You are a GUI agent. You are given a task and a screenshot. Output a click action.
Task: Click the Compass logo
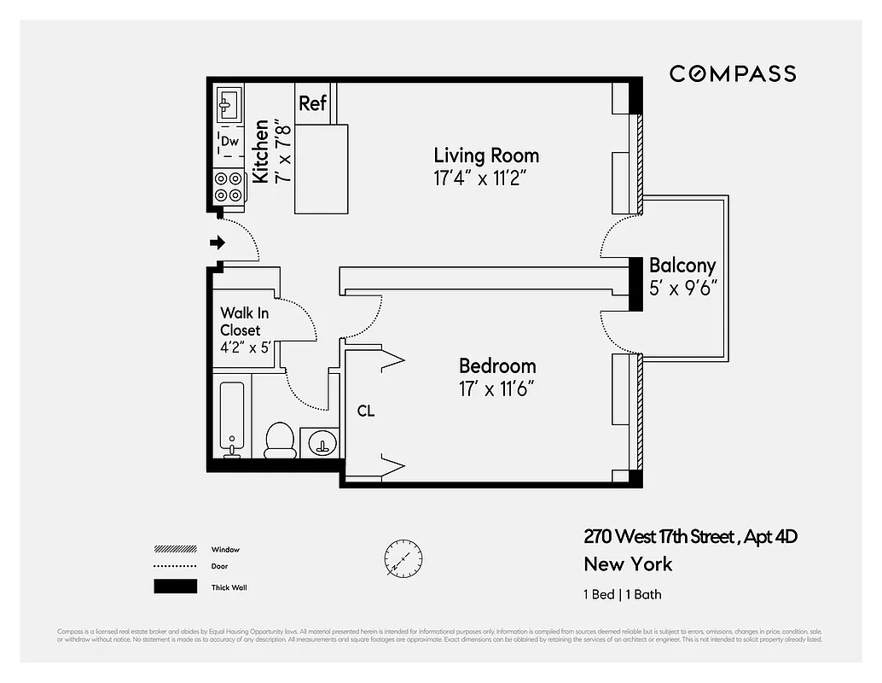pyautogui.click(x=732, y=73)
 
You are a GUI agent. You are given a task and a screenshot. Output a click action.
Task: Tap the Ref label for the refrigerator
pyautogui.click(x=312, y=103)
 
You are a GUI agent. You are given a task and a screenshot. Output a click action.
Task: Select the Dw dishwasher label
pyautogui.click(x=229, y=142)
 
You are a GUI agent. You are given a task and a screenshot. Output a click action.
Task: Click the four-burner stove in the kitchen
pyautogui.click(x=228, y=187)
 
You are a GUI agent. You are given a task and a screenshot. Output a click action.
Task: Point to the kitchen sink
pyautogui.click(x=227, y=105)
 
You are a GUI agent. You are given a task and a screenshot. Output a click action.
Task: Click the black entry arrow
pyautogui.click(x=218, y=242)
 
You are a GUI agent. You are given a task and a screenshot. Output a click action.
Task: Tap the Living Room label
pyautogui.click(x=486, y=155)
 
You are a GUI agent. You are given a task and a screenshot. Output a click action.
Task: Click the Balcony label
pyautogui.click(x=682, y=266)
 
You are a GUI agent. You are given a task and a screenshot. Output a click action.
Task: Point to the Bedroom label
pyautogui.click(x=497, y=366)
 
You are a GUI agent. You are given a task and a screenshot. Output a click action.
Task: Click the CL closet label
pyautogui.click(x=365, y=412)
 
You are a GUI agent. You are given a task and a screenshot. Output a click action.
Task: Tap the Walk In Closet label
pyautogui.click(x=244, y=321)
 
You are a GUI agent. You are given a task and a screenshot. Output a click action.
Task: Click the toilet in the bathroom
pyautogui.click(x=280, y=437)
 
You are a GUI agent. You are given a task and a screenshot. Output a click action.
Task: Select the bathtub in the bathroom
pyautogui.click(x=231, y=418)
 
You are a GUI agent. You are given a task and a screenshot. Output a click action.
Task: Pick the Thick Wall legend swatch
pyautogui.click(x=174, y=587)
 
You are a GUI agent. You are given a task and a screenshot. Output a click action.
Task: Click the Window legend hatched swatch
pyautogui.click(x=174, y=550)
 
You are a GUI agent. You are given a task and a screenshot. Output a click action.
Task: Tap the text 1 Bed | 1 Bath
pyautogui.click(x=622, y=594)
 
